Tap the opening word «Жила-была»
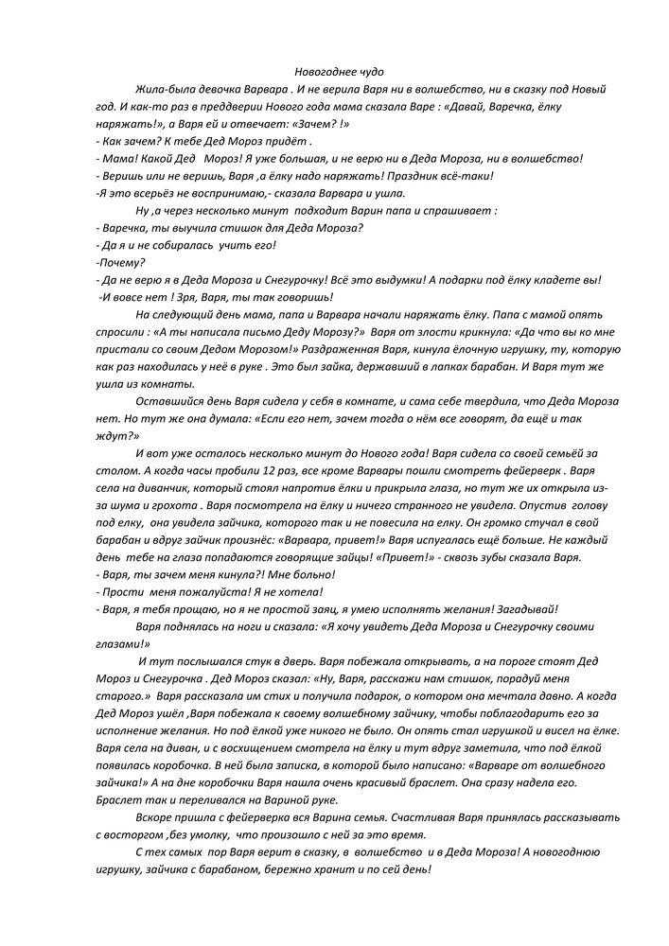click(162, 89)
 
